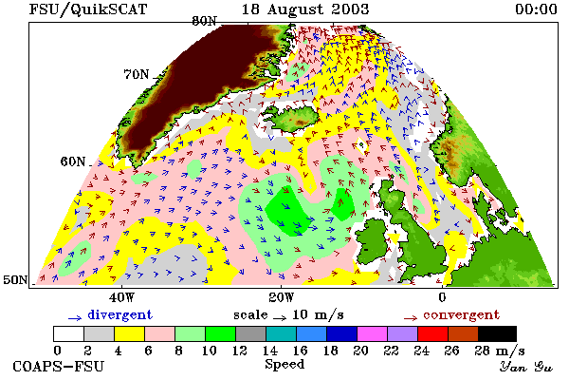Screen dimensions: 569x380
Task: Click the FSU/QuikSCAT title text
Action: coord(88,9)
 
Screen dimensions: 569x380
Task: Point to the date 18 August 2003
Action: coord(305,9)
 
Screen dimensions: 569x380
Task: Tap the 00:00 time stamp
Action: coord(536,9)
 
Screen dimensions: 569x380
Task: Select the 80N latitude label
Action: coord(204,21)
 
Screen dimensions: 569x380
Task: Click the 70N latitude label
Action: coord(137,74)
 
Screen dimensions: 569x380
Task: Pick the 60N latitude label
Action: coord(73,161)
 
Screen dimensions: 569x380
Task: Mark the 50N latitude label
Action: coord(15,279)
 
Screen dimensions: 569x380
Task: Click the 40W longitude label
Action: coord(122,297)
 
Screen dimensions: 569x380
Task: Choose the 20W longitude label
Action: coord(282,297)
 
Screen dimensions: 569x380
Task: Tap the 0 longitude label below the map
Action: coord(442,297)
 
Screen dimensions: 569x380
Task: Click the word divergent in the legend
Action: coord(120,314)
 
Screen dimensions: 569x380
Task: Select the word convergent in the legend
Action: coord(462,314)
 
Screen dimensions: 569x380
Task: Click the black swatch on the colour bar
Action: coord(497,333)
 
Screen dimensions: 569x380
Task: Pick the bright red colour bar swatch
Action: coord(432,333)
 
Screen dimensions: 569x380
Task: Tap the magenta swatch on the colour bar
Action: coord(372,333)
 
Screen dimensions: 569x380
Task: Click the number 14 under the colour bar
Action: coord(270,351)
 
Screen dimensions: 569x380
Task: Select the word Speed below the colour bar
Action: coord(284,365)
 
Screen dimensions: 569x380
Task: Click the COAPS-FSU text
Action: coord(59,366)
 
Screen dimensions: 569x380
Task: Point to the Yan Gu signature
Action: coord(526,367)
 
